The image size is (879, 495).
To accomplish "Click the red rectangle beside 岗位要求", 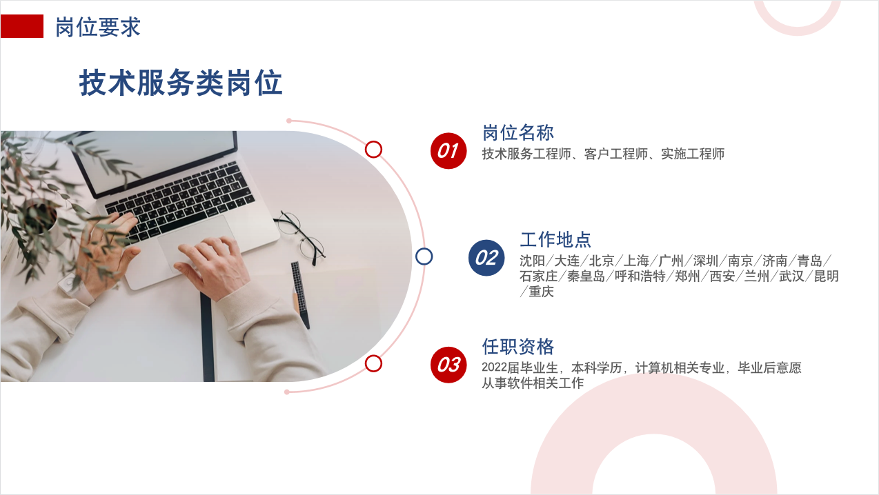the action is point(21,26).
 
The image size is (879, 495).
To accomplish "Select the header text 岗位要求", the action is point(98,27).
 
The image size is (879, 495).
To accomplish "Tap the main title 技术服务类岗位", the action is point(181,83).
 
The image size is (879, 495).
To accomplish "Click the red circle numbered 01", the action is point(448,151).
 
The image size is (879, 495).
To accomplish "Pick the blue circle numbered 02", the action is point(486,258).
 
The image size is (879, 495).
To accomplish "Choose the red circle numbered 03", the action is point(448,365).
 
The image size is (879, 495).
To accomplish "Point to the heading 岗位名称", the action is point(518,132).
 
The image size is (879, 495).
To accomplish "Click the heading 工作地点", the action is point(555,240).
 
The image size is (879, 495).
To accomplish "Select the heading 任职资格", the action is point(518,347).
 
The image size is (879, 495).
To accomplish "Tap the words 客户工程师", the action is point(615,154).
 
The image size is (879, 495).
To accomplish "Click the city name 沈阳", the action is point(532,261).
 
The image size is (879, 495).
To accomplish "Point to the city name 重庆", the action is point(541,292).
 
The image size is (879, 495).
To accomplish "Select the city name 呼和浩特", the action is point(640,276).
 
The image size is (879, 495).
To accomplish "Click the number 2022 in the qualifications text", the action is point(494,367).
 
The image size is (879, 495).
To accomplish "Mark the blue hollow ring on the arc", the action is point(424,256).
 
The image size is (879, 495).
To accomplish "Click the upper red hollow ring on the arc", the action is point(373,150).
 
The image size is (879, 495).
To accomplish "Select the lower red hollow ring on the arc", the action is point(373,363).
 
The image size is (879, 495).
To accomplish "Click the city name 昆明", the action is point(827,276).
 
